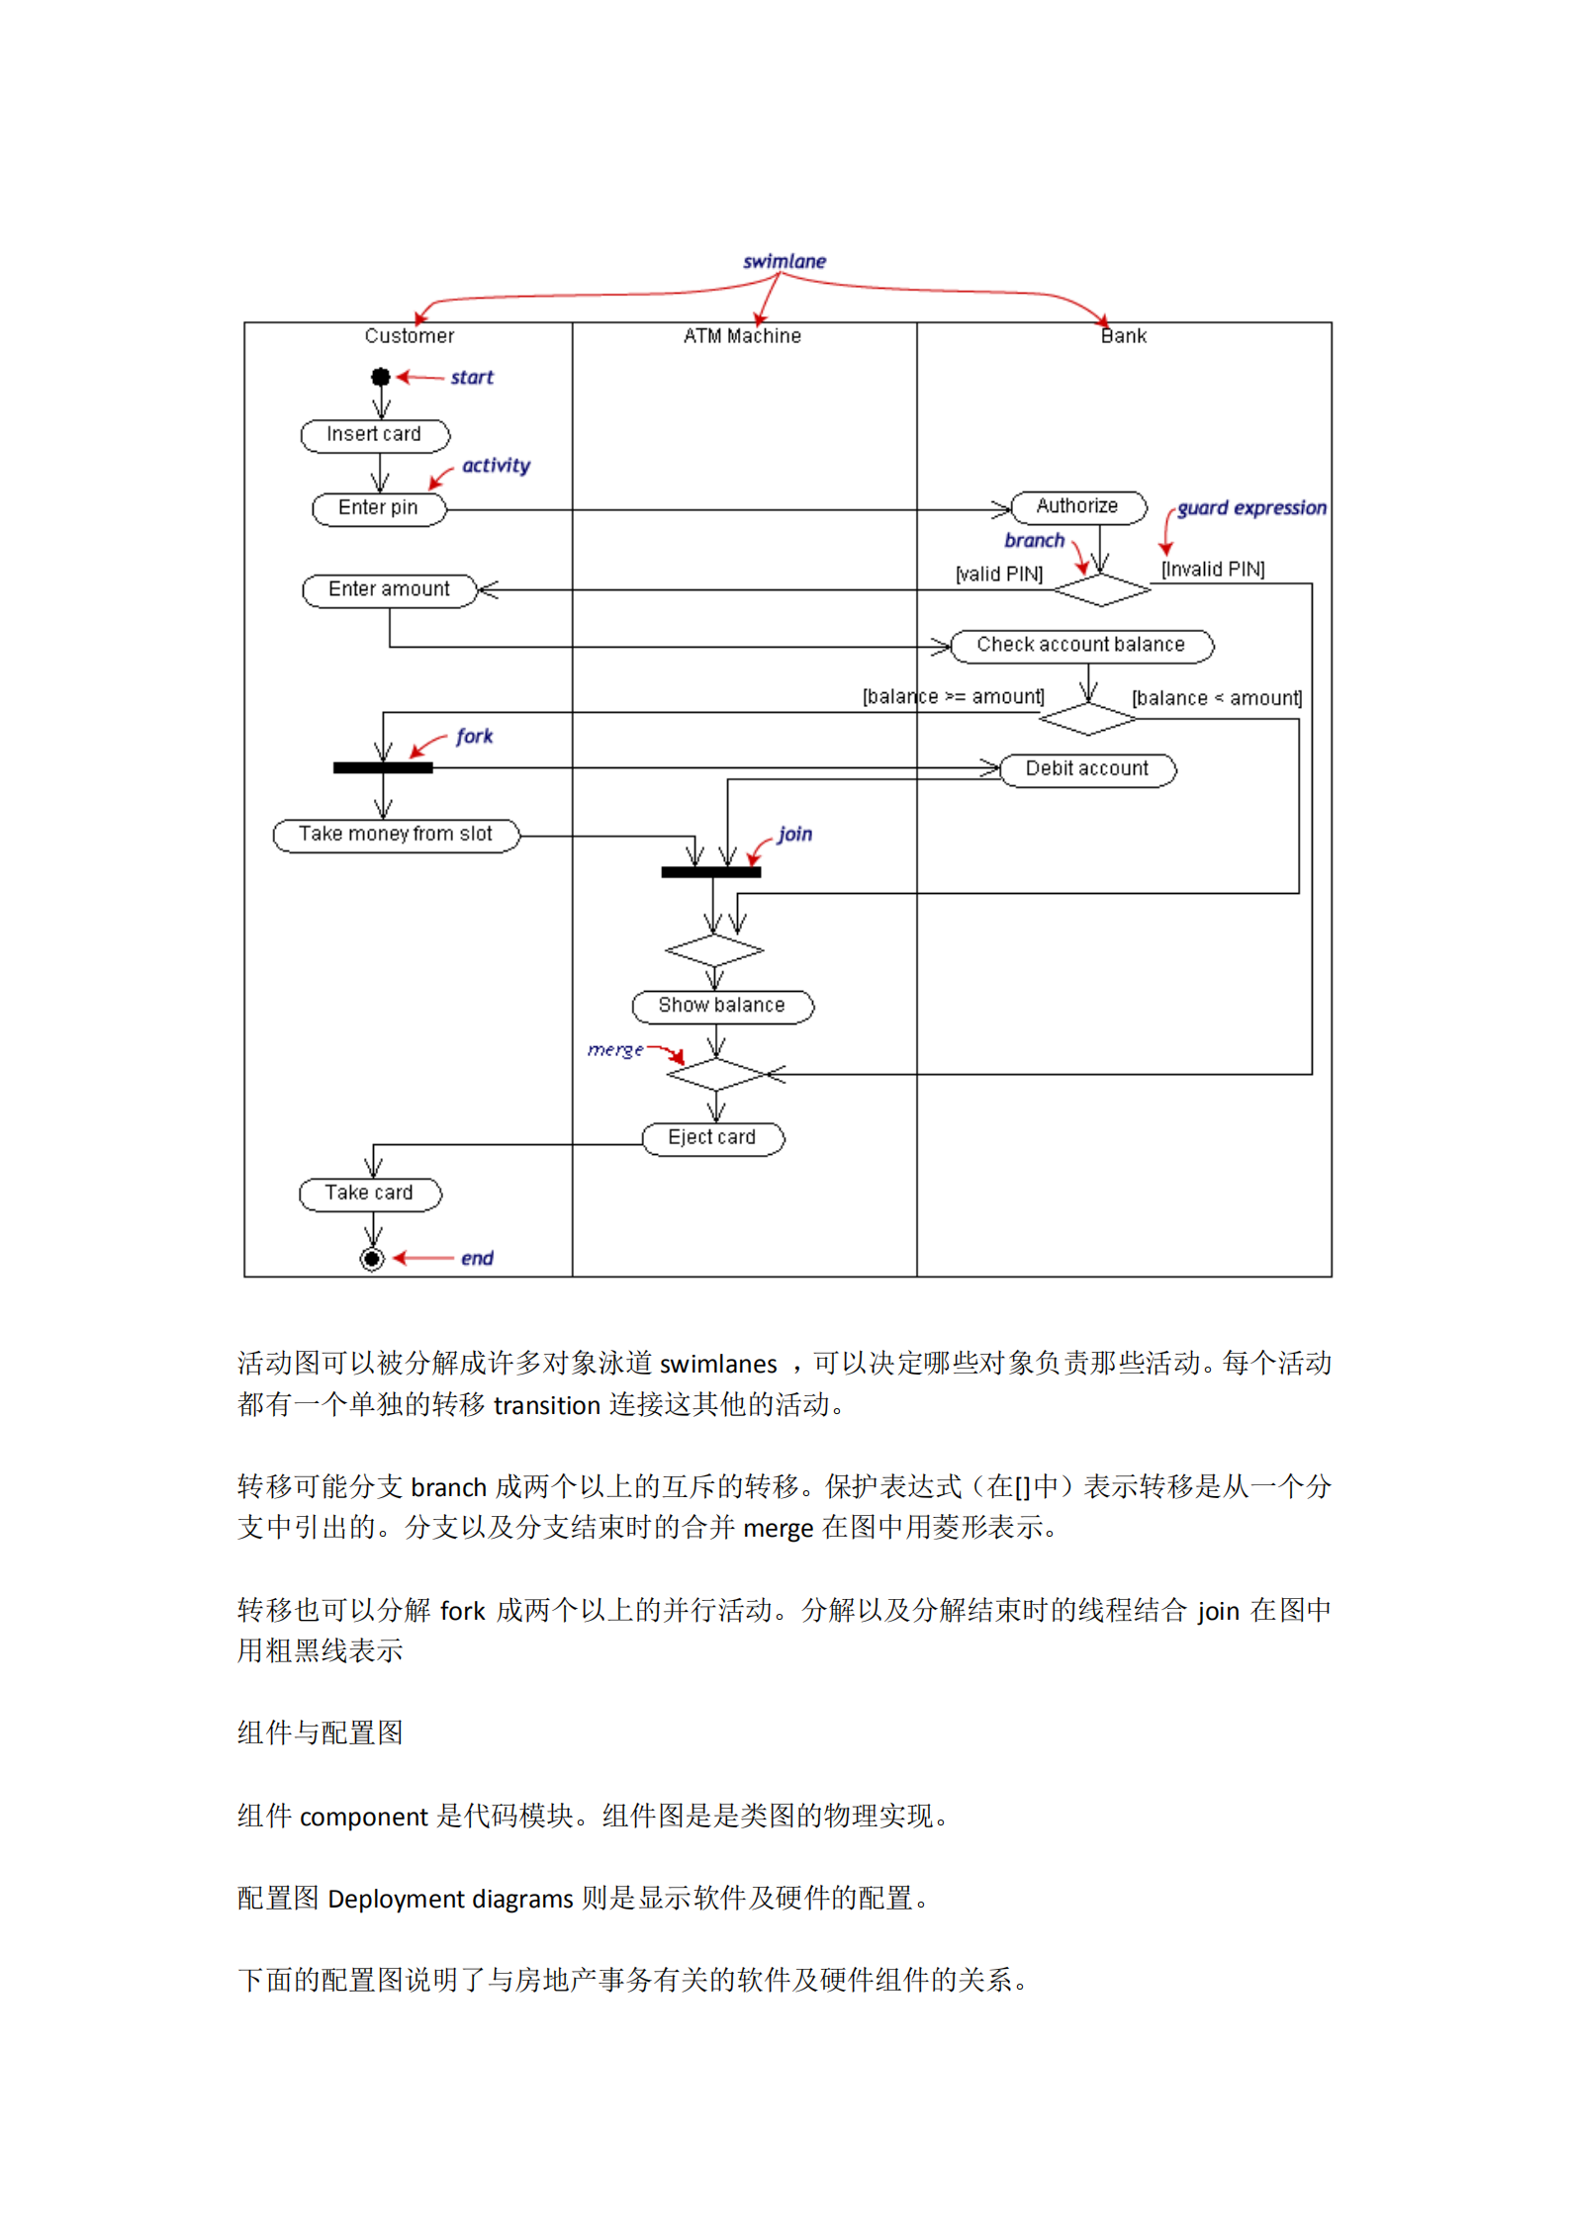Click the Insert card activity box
coord(375,435)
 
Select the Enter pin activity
coord(379,508)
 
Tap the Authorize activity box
coord(1077,506)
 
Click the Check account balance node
coord(1080,645)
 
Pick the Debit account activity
coord(1087,769)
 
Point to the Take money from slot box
coord(396,835)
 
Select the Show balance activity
coord(722,1006)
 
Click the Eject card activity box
coord(712,1138)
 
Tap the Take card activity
coord(370,1194)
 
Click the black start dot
coord(381,377)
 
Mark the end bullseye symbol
coord(372,1259)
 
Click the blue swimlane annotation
coord(785,261)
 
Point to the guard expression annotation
coord(1251,508)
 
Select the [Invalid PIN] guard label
coord(1213,570)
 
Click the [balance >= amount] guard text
coord(953,697)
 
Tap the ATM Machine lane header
coord(742,336)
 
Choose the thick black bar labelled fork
coord(383,768)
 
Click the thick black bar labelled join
coord(711,872)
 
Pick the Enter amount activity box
coord(390,590)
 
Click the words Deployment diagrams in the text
coord(450,1900)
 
